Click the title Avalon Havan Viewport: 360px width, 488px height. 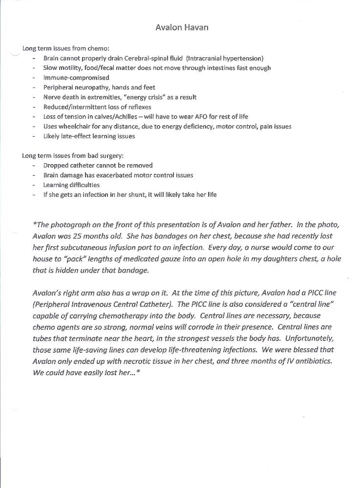[182, 27]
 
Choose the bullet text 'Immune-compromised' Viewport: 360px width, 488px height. [76, 78]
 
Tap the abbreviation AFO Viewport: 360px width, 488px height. [211, 117]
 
